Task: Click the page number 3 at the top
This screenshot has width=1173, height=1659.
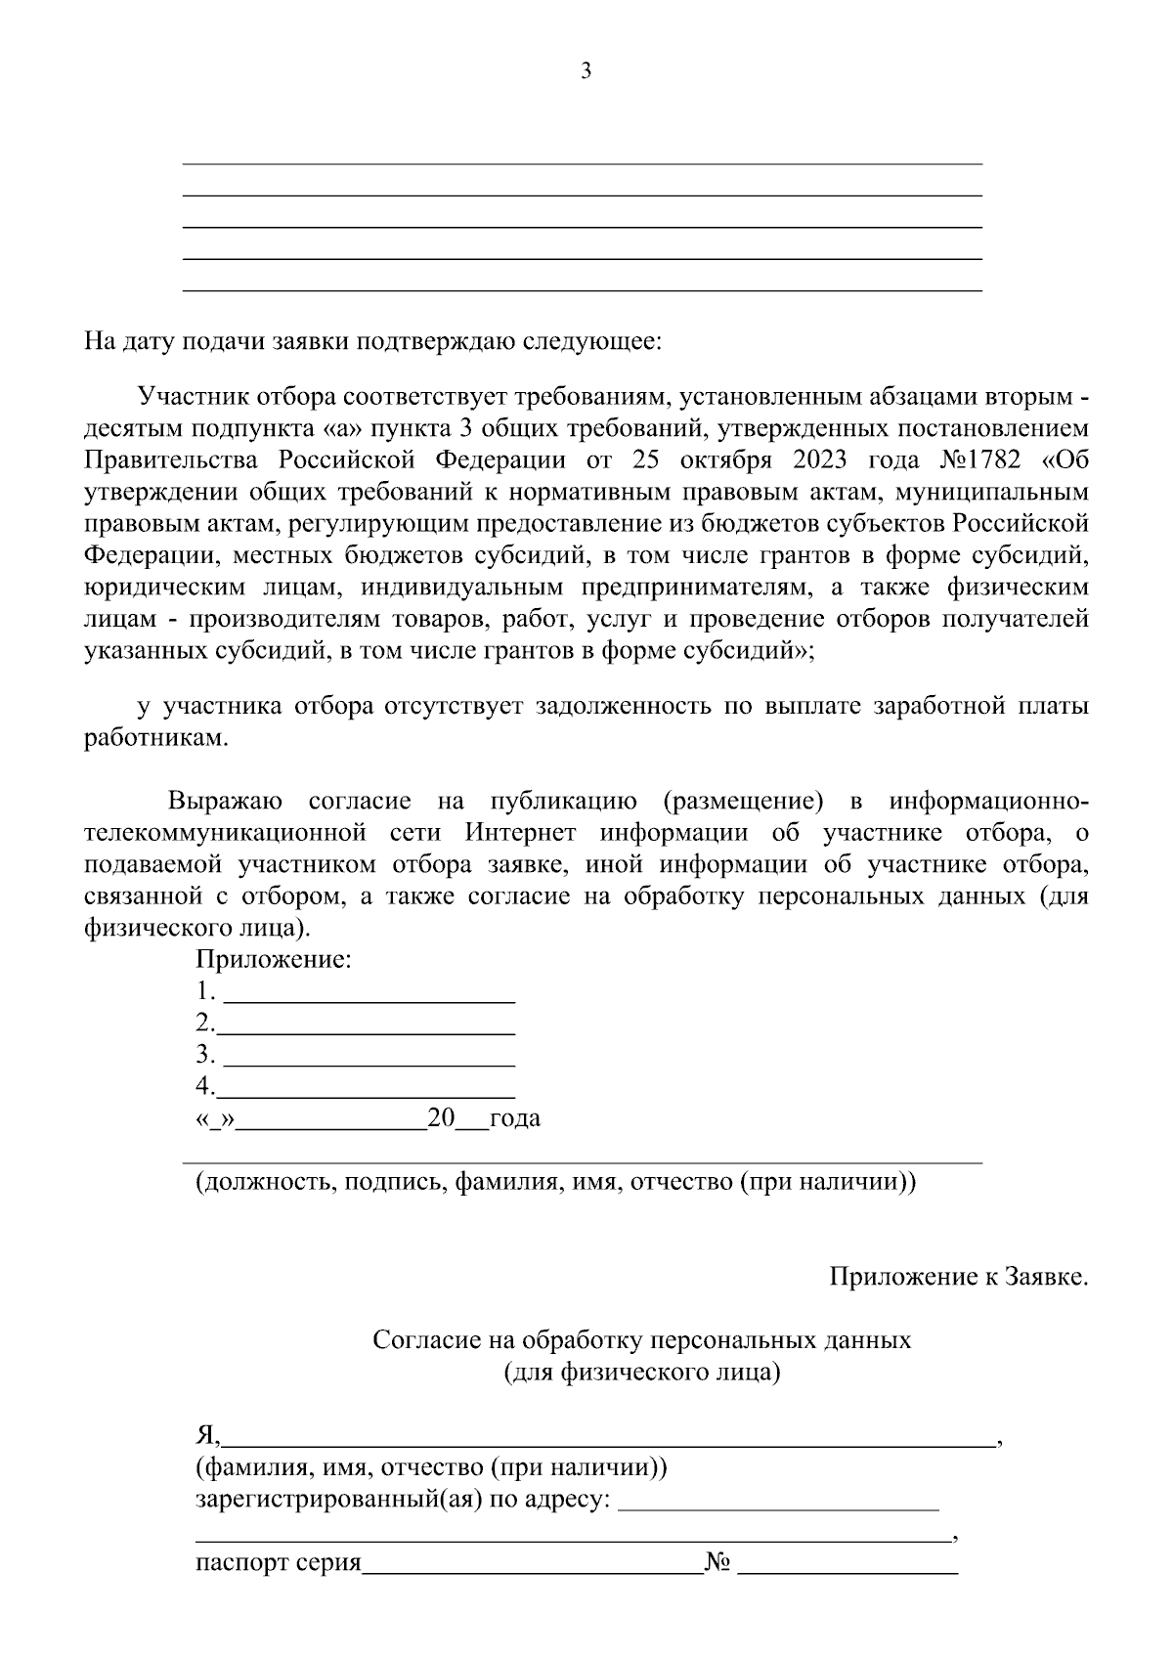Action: (586, 71)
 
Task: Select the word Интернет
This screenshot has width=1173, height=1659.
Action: (524, 833)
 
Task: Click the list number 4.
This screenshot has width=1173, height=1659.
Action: (202, 1085)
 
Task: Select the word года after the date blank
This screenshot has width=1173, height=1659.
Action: (514, 1117)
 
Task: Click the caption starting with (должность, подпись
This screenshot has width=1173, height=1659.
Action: (555, 1182)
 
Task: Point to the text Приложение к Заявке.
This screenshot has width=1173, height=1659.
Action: (958, 1277)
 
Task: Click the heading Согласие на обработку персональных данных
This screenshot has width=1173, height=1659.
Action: (641, 1339)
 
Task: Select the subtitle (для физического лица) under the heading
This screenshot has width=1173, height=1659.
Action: (641, 1372)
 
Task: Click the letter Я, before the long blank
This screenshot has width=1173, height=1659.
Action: (207, 1435)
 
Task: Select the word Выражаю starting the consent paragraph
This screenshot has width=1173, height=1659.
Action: (225, 802)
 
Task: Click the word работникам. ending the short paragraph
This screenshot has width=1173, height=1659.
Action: (155, 738)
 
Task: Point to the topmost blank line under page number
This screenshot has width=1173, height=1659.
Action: (583, 162)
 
